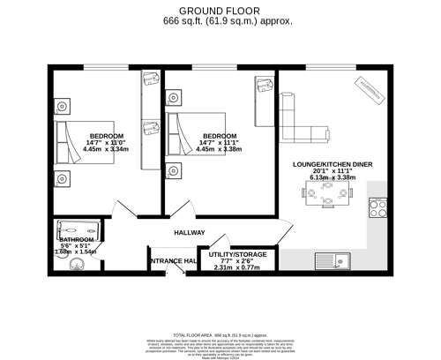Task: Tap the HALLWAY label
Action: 191,233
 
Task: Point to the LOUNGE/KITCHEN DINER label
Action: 333,165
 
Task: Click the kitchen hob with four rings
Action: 378,209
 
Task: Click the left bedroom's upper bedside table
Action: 62,107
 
